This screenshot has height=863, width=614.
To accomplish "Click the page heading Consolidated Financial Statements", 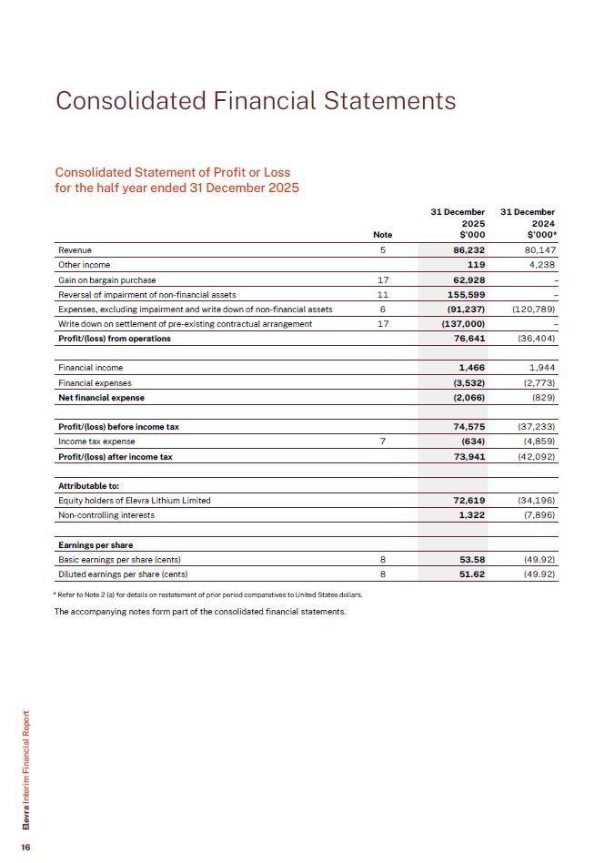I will [256, 100].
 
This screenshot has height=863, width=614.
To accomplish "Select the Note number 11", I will [383, 295].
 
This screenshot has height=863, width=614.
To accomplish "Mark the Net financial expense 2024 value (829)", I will [543, 398].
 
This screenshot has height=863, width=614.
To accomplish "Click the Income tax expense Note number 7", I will [383, 442].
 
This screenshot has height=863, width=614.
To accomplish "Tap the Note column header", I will [383, 234].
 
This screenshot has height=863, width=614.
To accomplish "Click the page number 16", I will [26, 847].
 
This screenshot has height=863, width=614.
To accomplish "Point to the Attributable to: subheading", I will [88, 486].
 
